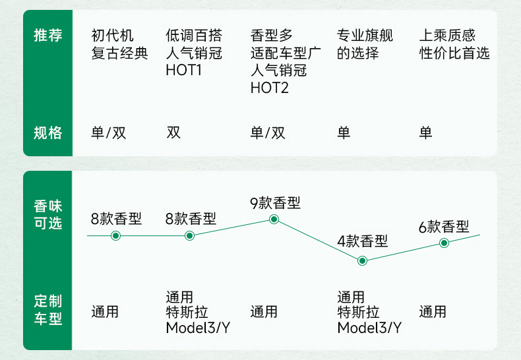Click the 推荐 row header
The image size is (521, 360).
48,36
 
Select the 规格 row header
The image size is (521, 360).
48,133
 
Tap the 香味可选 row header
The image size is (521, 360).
48,214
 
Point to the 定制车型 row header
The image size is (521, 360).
48,310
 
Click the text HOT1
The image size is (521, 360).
183,70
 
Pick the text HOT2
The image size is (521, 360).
270,87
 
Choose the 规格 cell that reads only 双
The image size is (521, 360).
173,133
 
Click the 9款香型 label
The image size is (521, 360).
275,203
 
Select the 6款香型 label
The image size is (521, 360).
444,227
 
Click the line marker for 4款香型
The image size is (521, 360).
362,260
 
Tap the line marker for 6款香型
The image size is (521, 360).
444,243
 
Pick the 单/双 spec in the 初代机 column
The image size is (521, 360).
109,133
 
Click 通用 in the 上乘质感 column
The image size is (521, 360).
433,311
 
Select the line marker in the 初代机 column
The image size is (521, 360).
116,235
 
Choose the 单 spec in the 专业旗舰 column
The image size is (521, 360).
344,133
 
